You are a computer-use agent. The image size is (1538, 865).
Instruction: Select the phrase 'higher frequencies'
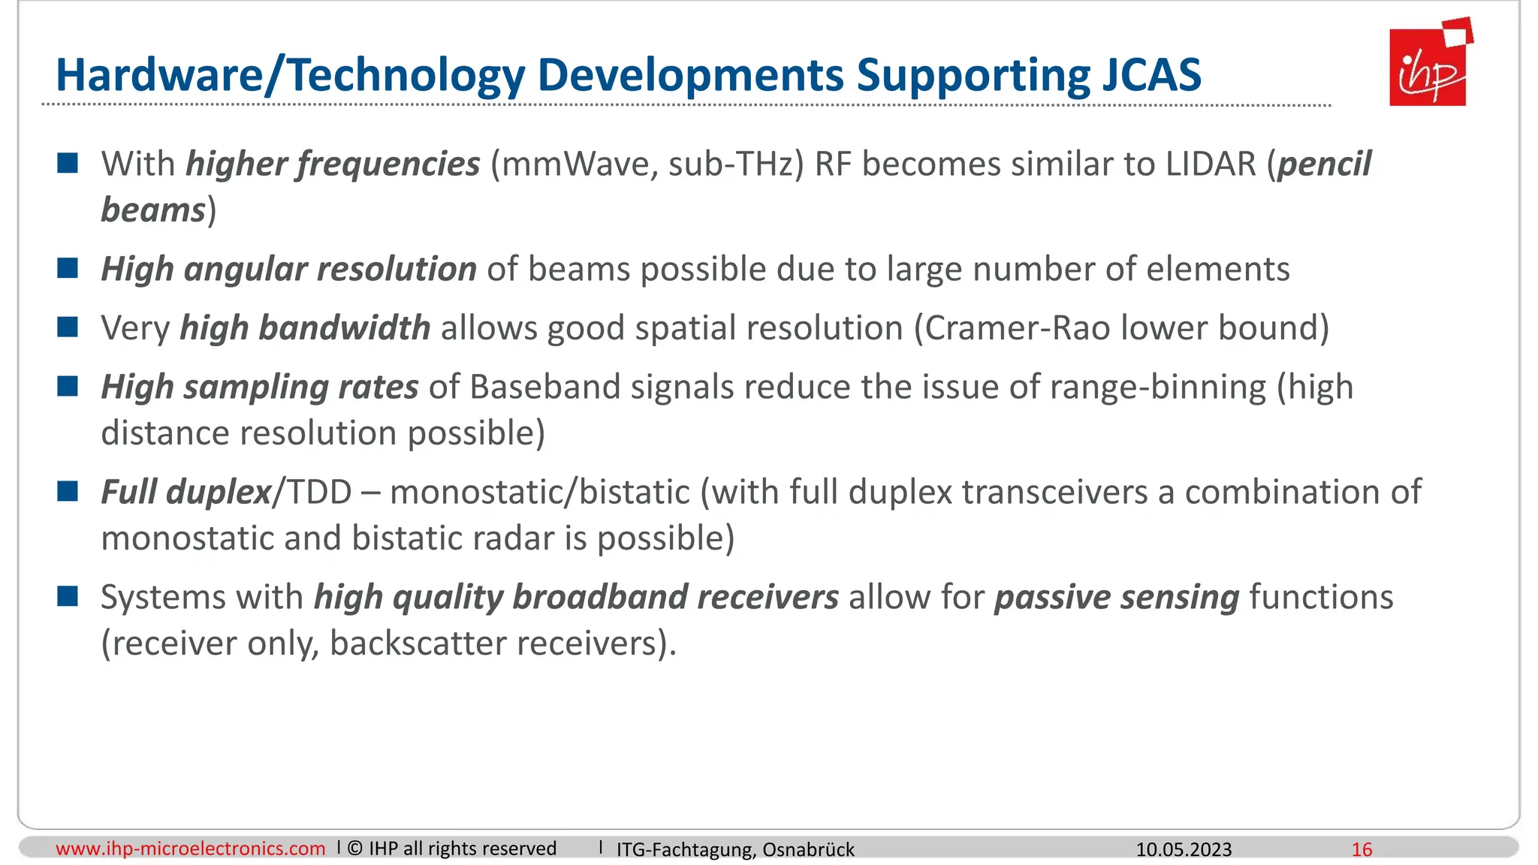coord(333,164)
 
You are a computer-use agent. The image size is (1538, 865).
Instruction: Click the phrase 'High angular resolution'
coord(288,269)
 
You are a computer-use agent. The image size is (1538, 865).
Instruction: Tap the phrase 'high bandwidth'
coord(305,328)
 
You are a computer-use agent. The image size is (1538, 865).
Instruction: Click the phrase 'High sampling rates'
coord(260,387)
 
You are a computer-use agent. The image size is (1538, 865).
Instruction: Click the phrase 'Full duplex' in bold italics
coord(185,493)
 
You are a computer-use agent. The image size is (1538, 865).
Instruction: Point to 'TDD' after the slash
coord(320,493)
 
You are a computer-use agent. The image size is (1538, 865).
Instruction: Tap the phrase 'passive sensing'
coord(1117,598)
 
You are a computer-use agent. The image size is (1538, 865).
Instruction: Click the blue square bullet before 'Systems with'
coord(68,597)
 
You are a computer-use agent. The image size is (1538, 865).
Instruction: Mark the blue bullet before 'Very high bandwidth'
coord(68,327)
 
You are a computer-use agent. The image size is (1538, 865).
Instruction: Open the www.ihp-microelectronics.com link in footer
coord(191,848)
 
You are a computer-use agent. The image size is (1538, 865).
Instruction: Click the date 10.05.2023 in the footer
coord(1184,849)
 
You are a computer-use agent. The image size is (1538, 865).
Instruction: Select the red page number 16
coord(1362,849)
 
